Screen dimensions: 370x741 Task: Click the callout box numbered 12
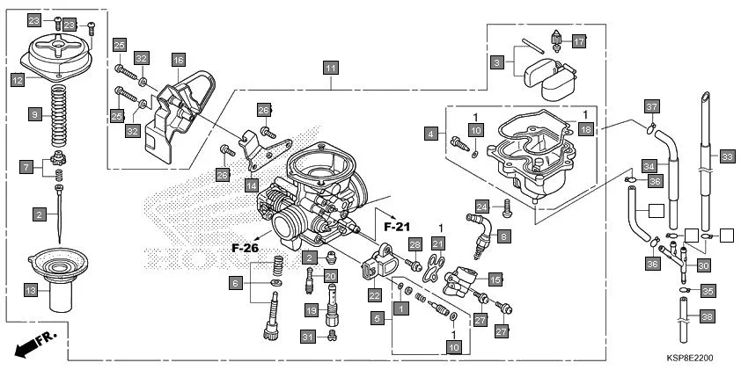click(17, 79)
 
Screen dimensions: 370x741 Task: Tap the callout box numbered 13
click(29, 289)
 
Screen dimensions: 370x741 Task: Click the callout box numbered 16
click(179, 60)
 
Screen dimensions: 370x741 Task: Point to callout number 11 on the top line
click(331, 68)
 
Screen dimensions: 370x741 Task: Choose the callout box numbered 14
click(252, 186)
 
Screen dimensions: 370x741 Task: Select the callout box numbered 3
click(497, 63)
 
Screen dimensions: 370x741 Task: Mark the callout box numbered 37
click(651, 107)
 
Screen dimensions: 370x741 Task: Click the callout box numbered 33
click(726, 156)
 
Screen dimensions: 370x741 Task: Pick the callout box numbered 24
click(481, 207)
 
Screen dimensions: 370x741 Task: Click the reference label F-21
click(398, 226)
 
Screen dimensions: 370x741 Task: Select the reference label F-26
click(246, 248)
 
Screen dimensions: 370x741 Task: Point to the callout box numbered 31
click(307, 337)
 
